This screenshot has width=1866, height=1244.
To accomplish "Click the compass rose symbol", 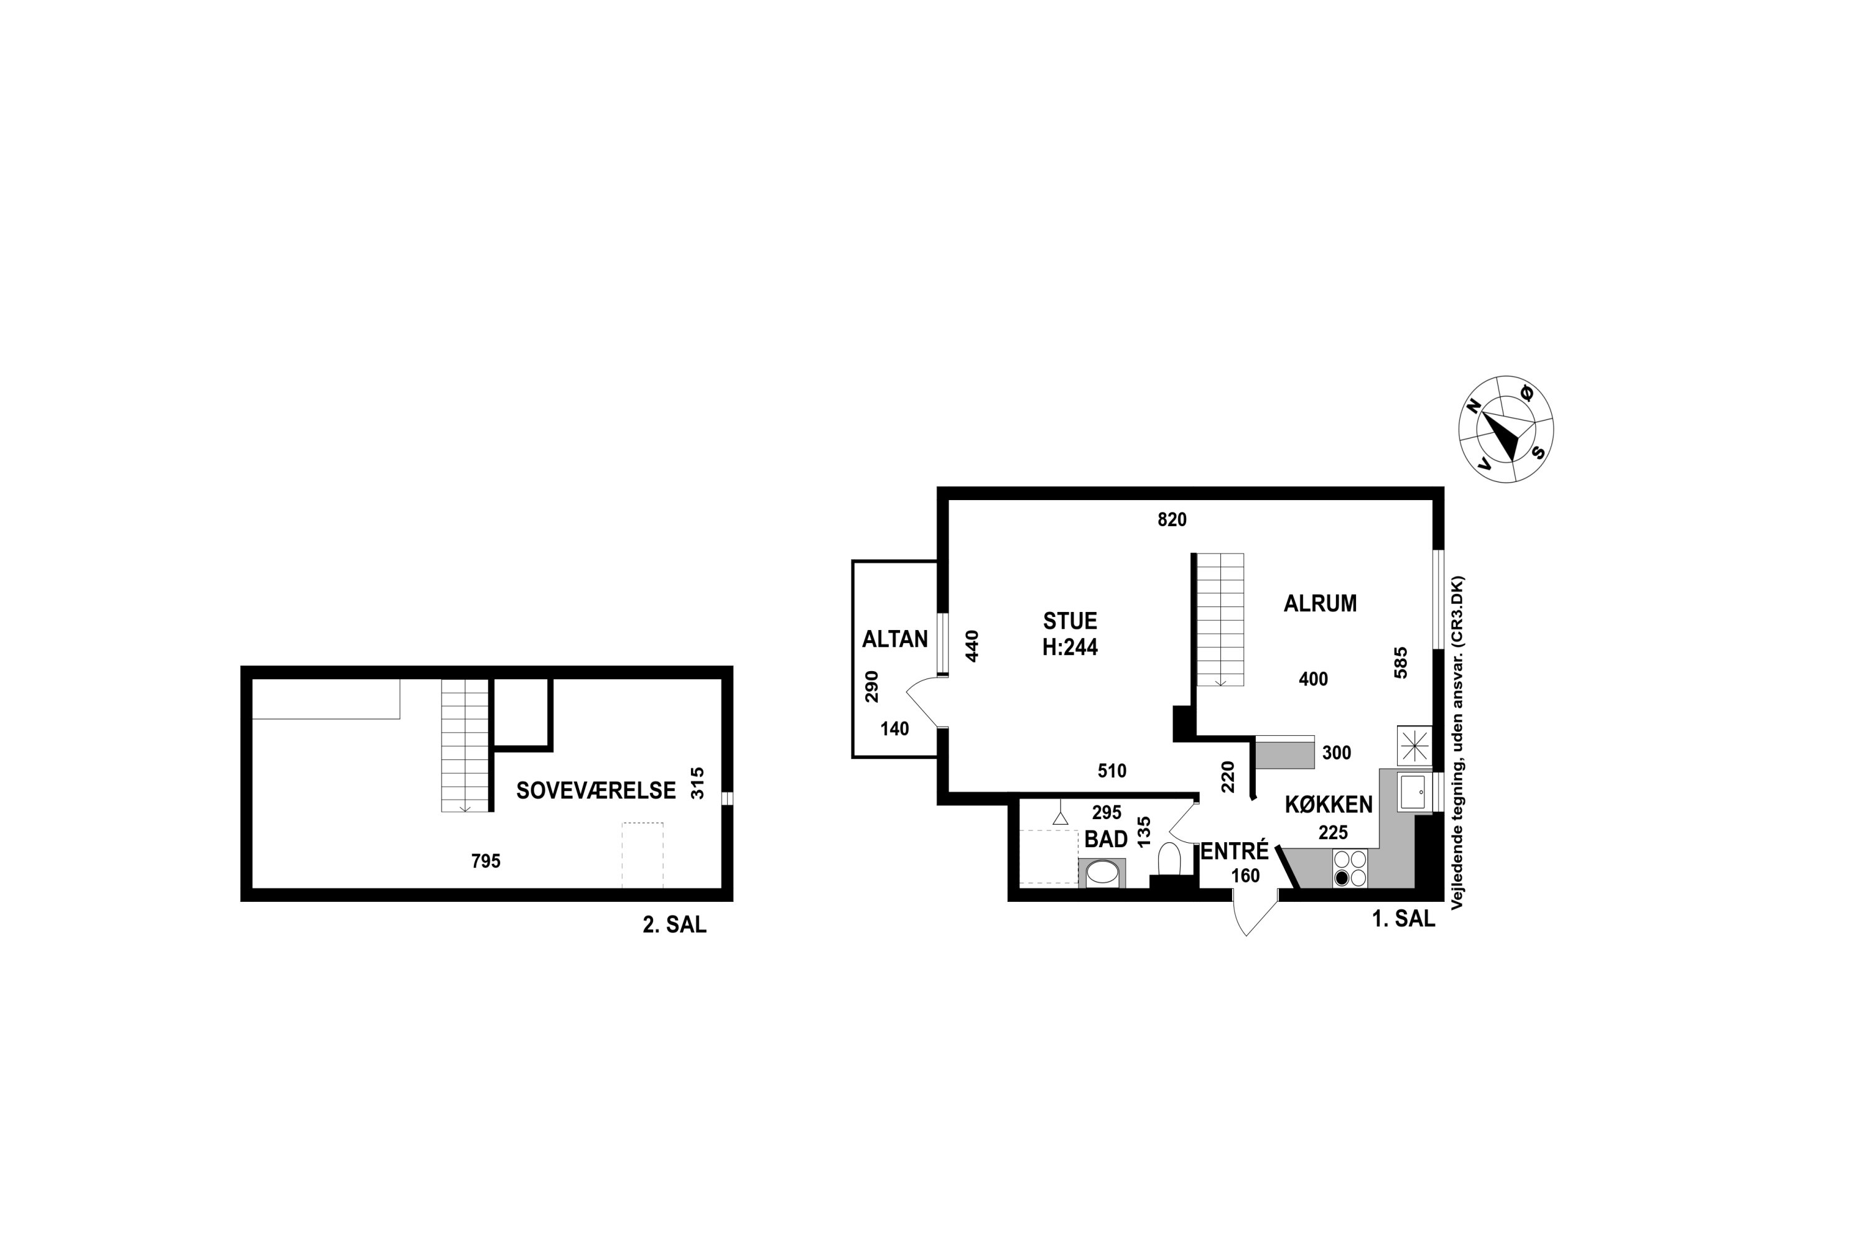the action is pyautogui.click(x=1506, y=429).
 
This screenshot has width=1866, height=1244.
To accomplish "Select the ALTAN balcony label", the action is pyautogui.click(x=895, y=639).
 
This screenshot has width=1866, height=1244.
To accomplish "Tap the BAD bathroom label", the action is pyautogui.click(x=1106, y=838).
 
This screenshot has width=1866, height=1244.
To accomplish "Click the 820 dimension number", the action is pyautogui.click(x=1172, y=519).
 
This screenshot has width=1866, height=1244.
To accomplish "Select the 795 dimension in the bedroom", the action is pyautogui.click(x=486, y=861).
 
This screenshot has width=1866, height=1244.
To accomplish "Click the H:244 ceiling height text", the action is pyautogui.click(x=1069, y=648).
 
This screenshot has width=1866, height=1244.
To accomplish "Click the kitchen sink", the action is pyautogui.click(x=1413, y=792).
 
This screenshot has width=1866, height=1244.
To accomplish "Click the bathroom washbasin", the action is pyautogui.click(x=1101, y=873).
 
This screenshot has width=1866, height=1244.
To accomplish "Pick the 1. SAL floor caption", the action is pyautogui.click(x=1403, y=918).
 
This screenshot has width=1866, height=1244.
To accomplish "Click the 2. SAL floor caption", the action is pyautogui.click(x=674, y=924).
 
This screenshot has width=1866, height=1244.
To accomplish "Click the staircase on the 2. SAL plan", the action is pyautogui.click(x=465, y=746).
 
